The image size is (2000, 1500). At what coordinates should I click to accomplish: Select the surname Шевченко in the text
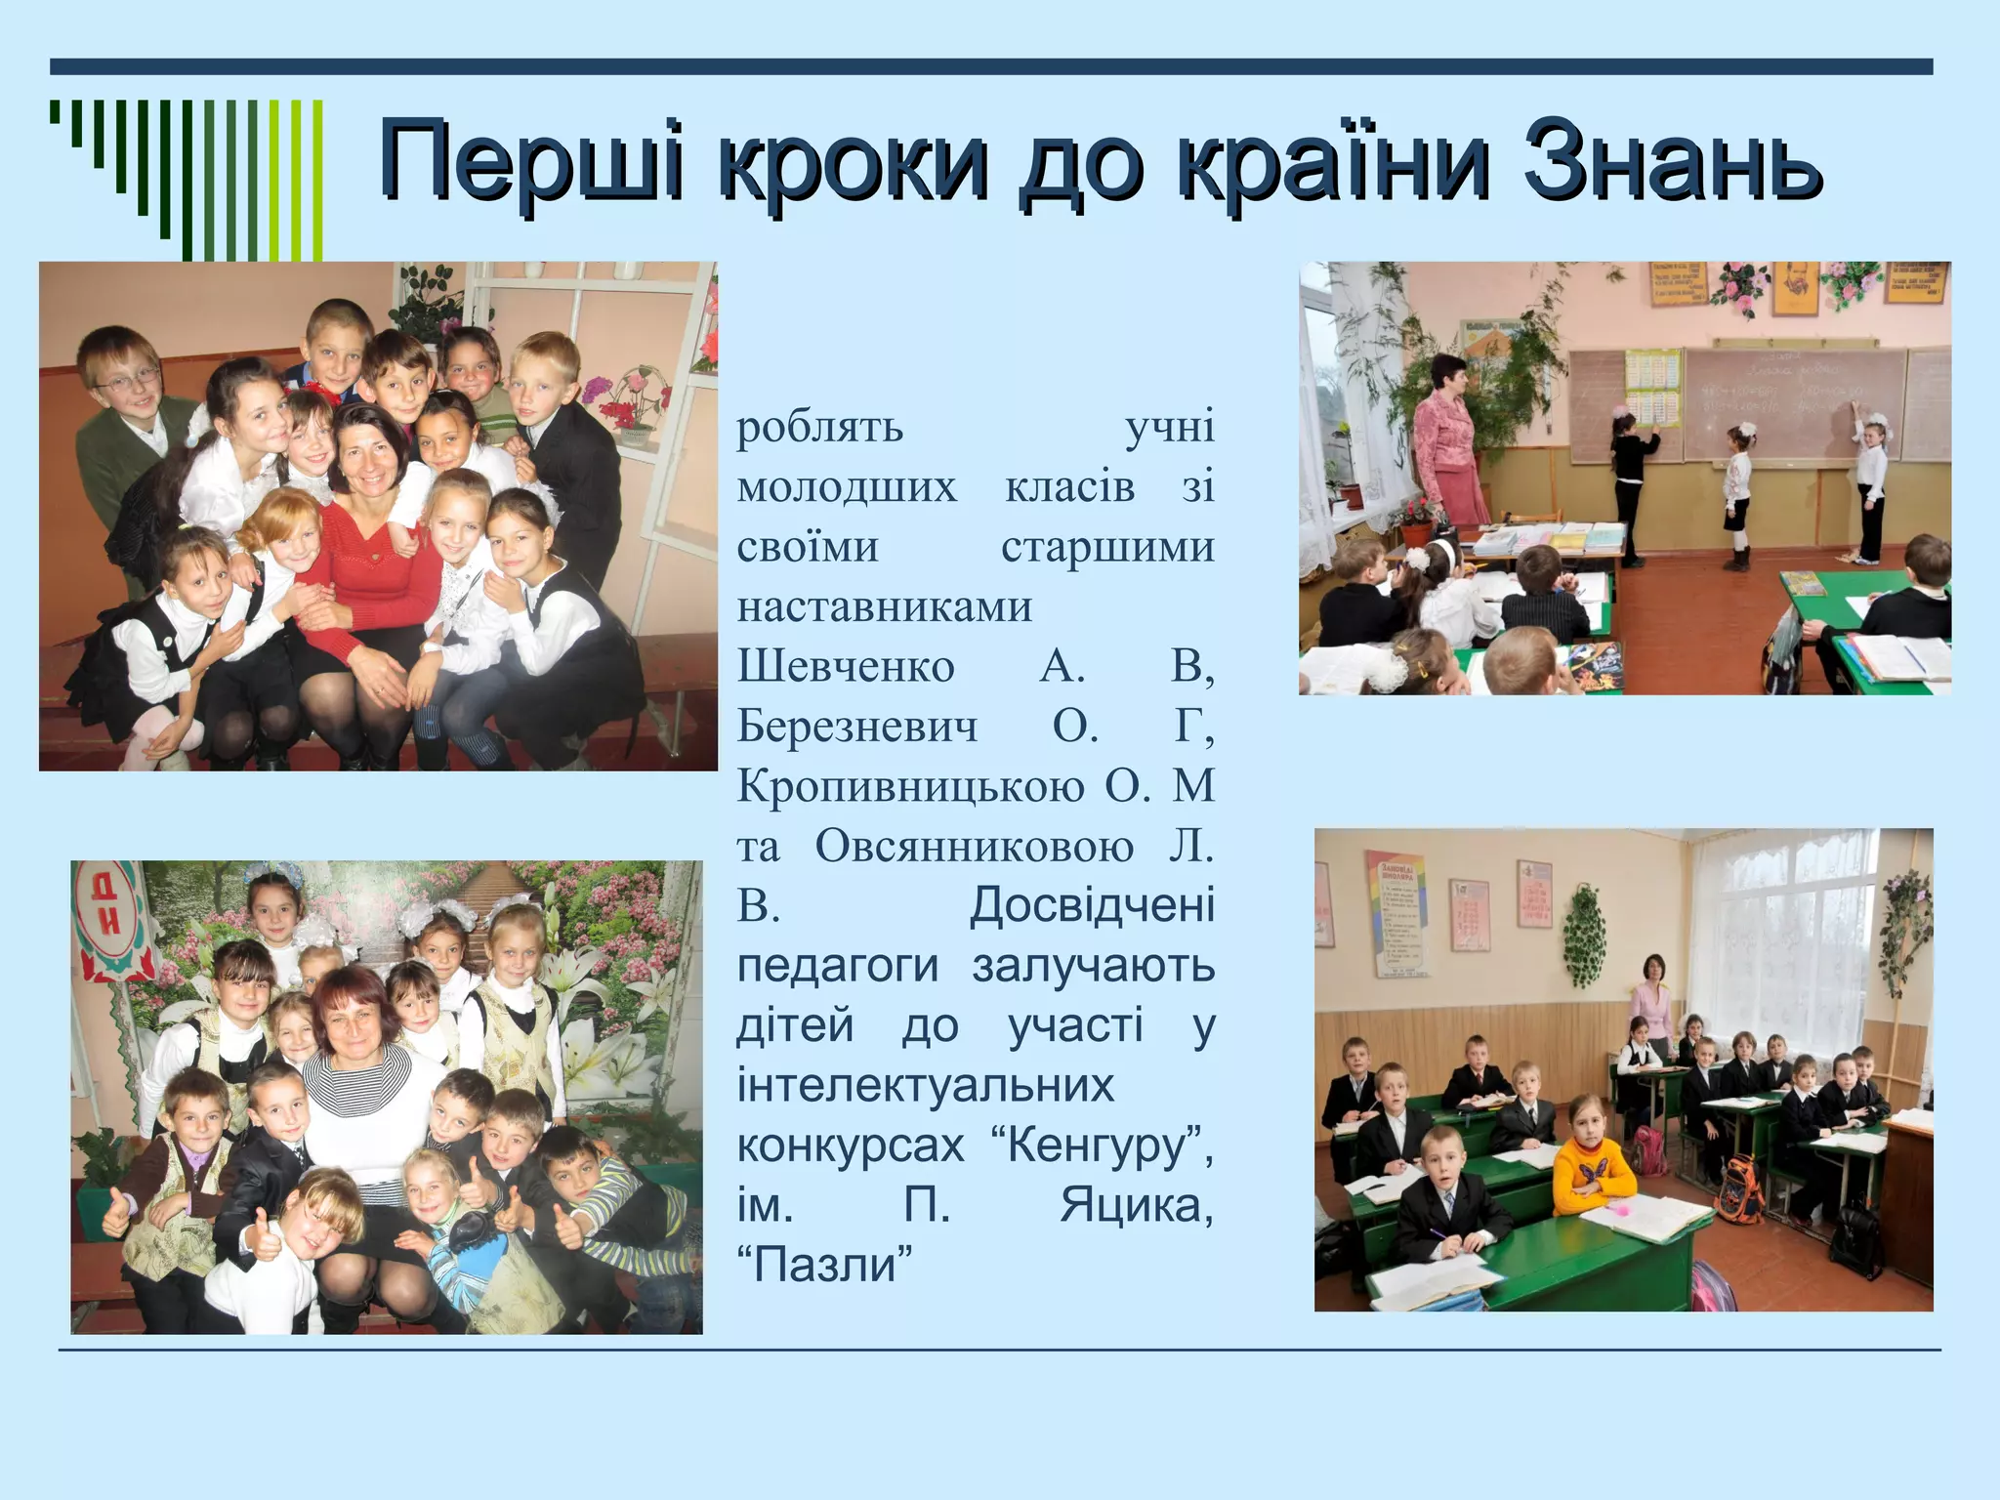pyautogui.click(x=846, y=667)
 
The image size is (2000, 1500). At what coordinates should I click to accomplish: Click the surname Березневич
pyautogui.click(x=856, y=727)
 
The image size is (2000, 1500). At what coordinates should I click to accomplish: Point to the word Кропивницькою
pyautogui.click(x=910, y=786)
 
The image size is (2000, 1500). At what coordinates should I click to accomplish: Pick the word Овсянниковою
pyautogui.click(x=975, y=847)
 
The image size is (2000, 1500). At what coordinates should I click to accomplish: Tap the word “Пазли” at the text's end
pyautogui.click(x=824, y=1266)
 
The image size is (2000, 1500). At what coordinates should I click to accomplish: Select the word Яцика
pyautogui.click(x=1137, y=1206)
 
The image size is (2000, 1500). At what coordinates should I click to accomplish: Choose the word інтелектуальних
pyautogui.click(x=925, y=1086)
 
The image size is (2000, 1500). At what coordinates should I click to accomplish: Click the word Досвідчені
pyautogui.click(x=1092, y=906)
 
